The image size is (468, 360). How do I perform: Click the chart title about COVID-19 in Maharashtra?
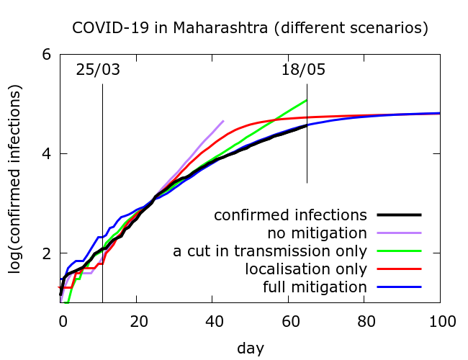coord(250,28)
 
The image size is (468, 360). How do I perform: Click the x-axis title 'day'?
coord(250,348)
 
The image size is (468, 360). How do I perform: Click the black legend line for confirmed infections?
coord(397,215)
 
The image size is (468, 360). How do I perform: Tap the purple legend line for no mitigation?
coord(397,233)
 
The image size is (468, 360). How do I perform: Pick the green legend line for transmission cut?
coord(397,251)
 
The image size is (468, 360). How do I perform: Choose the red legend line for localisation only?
coord(397,269)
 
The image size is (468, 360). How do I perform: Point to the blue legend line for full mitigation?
coord(397,287)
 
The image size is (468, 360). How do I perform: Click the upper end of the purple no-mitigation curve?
coord(223,121)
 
